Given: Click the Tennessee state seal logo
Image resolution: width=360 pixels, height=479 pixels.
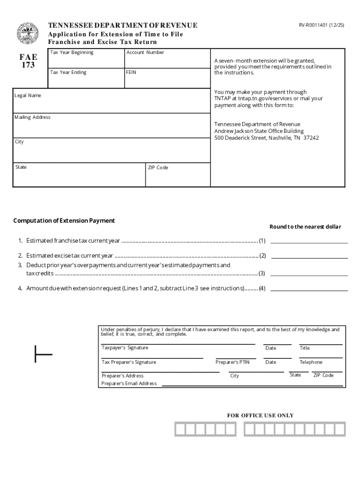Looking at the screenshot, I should pos(28,33).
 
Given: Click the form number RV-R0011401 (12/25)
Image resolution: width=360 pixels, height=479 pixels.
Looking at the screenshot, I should pos(322,25).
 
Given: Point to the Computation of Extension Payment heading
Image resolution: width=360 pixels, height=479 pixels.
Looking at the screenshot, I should pos(64,221).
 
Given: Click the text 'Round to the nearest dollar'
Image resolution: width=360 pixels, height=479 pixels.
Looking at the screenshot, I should pos(305,227).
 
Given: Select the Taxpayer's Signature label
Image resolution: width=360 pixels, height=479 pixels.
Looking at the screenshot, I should pos(125,348).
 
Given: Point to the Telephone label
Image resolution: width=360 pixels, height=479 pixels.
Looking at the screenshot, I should pos(311,363).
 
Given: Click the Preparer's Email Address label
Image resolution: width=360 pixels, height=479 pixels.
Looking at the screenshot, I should pos(129,384).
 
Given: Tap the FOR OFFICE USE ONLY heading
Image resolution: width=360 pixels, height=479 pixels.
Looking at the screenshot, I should pos(260,415).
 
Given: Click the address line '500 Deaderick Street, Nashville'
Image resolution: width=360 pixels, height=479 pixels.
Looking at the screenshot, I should pos(266,138).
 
